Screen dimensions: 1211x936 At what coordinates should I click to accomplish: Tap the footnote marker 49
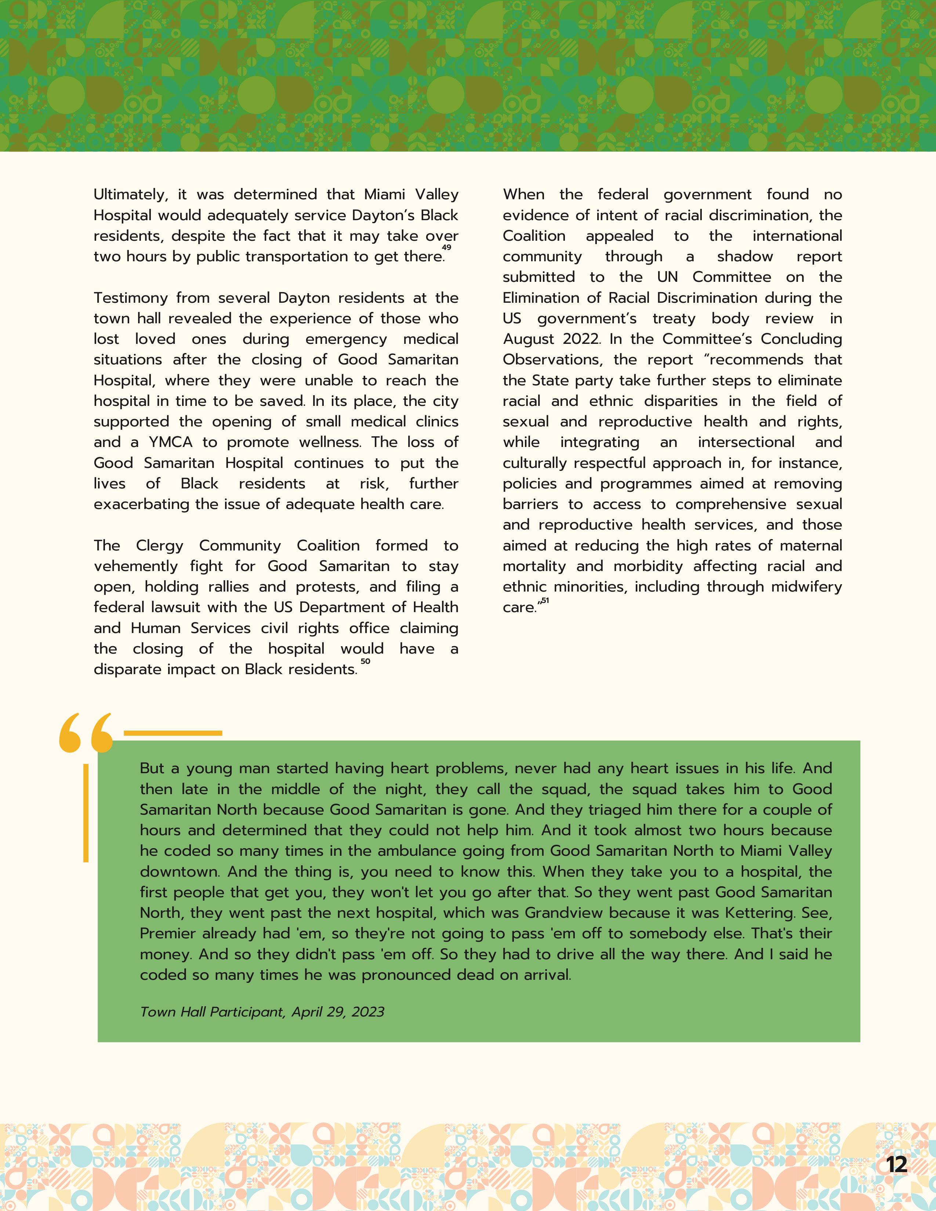(x=446, y=247)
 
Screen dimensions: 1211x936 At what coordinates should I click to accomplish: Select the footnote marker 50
(x=366, y=661)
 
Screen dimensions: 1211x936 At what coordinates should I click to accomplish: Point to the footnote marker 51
(x=545, y=600)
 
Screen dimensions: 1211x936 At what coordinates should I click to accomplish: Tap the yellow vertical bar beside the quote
(x=86, y=812)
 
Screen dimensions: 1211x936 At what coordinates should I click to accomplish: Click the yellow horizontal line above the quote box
(x=173, y=733)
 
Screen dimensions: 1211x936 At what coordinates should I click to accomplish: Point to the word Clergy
(x=160, y=546)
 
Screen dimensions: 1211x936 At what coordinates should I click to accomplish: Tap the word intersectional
(x=746, y=443)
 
